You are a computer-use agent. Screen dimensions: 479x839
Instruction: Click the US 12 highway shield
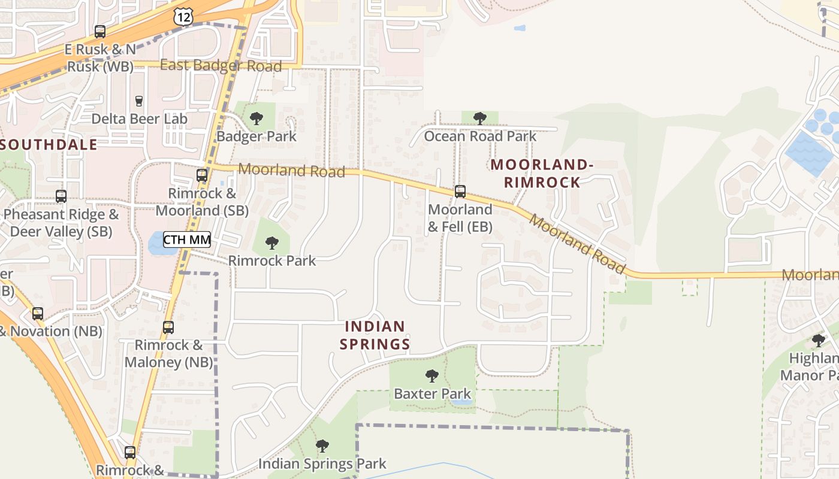184,17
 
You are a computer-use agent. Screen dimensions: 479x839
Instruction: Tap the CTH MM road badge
187,240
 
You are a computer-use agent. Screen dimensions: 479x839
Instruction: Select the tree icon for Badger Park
256,118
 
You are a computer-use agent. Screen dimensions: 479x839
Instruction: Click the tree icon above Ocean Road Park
479,118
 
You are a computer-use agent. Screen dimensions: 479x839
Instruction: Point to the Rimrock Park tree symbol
271,242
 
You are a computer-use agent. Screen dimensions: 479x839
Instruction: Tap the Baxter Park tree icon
431,376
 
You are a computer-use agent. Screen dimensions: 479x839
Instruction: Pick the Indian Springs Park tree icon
322,446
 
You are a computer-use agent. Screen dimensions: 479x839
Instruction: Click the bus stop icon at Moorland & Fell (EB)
460,192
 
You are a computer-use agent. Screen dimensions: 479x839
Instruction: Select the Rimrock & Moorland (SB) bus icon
202,175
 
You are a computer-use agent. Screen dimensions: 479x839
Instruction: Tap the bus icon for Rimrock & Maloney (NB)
168,328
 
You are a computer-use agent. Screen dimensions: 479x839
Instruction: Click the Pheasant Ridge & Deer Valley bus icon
61,196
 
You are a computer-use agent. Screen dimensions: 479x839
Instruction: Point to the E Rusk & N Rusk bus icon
100,32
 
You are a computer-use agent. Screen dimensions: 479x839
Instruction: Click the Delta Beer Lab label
139,119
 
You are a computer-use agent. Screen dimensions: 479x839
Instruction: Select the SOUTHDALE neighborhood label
49,144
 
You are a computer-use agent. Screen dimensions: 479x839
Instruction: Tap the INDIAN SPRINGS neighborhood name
375,335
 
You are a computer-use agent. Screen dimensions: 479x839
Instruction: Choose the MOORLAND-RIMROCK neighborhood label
542,173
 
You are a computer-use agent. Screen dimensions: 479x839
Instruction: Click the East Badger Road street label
221,65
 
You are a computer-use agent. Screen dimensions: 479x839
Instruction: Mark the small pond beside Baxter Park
461,402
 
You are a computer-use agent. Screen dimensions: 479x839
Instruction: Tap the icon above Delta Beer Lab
139,101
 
